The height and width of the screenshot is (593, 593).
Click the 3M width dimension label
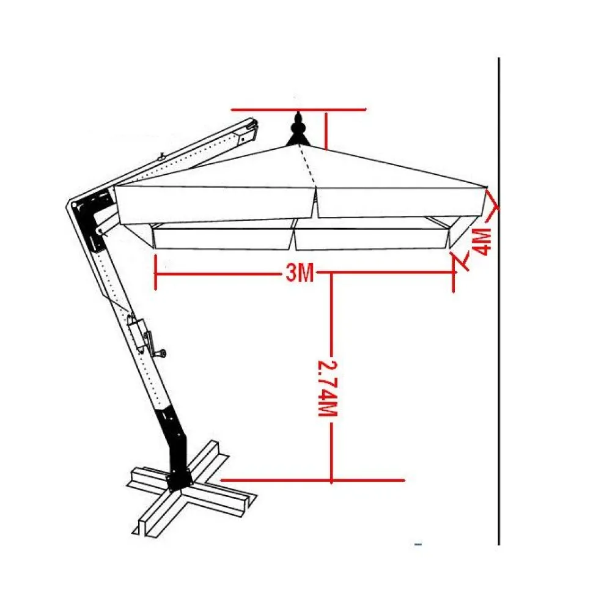tap(300, 272)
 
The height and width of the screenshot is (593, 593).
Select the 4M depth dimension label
tap(481, 242)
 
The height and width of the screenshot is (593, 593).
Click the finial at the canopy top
tap(298, 130)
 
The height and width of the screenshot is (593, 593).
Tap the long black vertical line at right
tap(499, 301)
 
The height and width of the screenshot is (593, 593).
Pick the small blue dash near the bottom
tap(418, 545)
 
